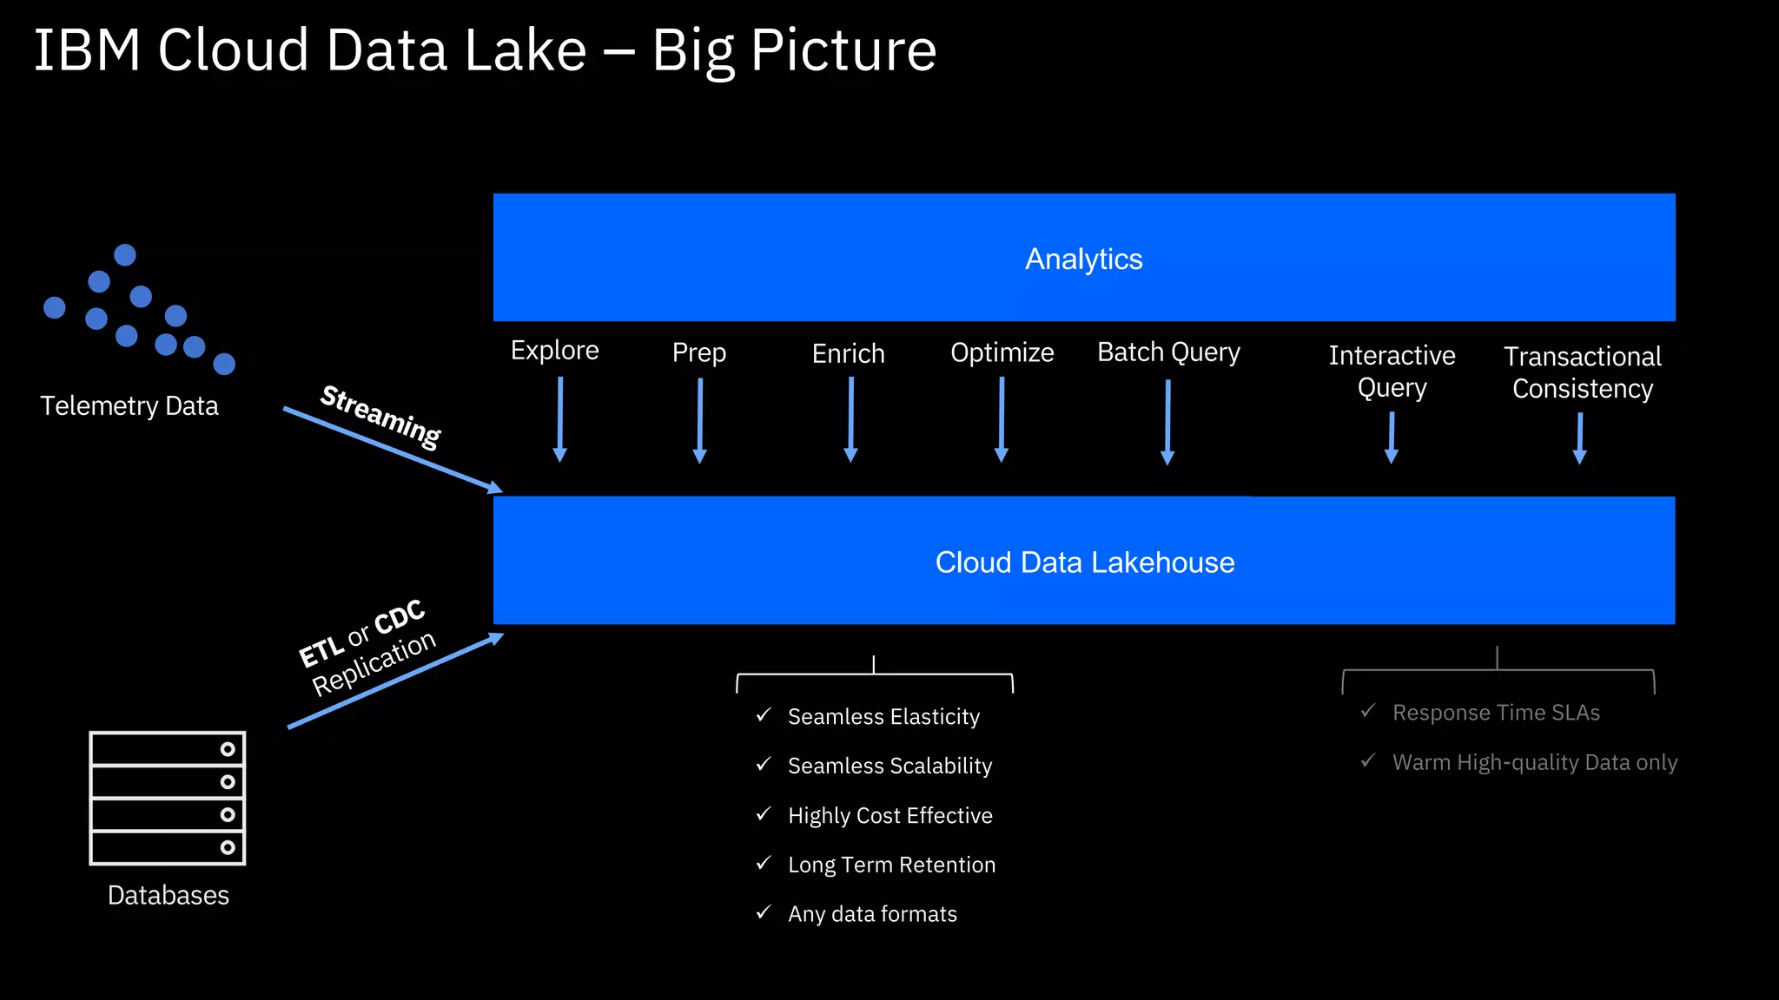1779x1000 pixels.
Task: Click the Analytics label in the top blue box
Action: point(1083,259)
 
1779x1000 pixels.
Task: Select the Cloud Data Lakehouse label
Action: point(1084,562)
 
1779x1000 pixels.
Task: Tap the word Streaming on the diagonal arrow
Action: point(380,417)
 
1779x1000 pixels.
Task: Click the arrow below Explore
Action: point(560,419)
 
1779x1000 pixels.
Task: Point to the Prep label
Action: point(698,352)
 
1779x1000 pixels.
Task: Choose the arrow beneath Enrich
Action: point(850,419)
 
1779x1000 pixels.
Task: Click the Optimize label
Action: point(1002,352)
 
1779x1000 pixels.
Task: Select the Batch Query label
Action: point(1168,352)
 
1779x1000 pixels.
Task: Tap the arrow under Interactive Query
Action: point(1392,437)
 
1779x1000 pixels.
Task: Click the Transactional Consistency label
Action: point(1582,372)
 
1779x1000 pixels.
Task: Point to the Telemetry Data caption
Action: point(129,405)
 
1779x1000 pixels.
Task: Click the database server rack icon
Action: point(168,798)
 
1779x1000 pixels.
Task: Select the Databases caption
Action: point(168,895)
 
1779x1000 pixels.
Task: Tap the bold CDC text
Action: point(400,618)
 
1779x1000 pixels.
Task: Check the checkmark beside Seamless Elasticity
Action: point(764,715)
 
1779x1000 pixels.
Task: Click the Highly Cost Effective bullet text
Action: point(889,815)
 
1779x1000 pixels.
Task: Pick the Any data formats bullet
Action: point(872,914)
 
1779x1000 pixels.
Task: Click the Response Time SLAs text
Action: point(1496,713)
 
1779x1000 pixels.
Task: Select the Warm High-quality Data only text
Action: point(1534,762)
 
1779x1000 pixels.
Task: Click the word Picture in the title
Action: point(843,50)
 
